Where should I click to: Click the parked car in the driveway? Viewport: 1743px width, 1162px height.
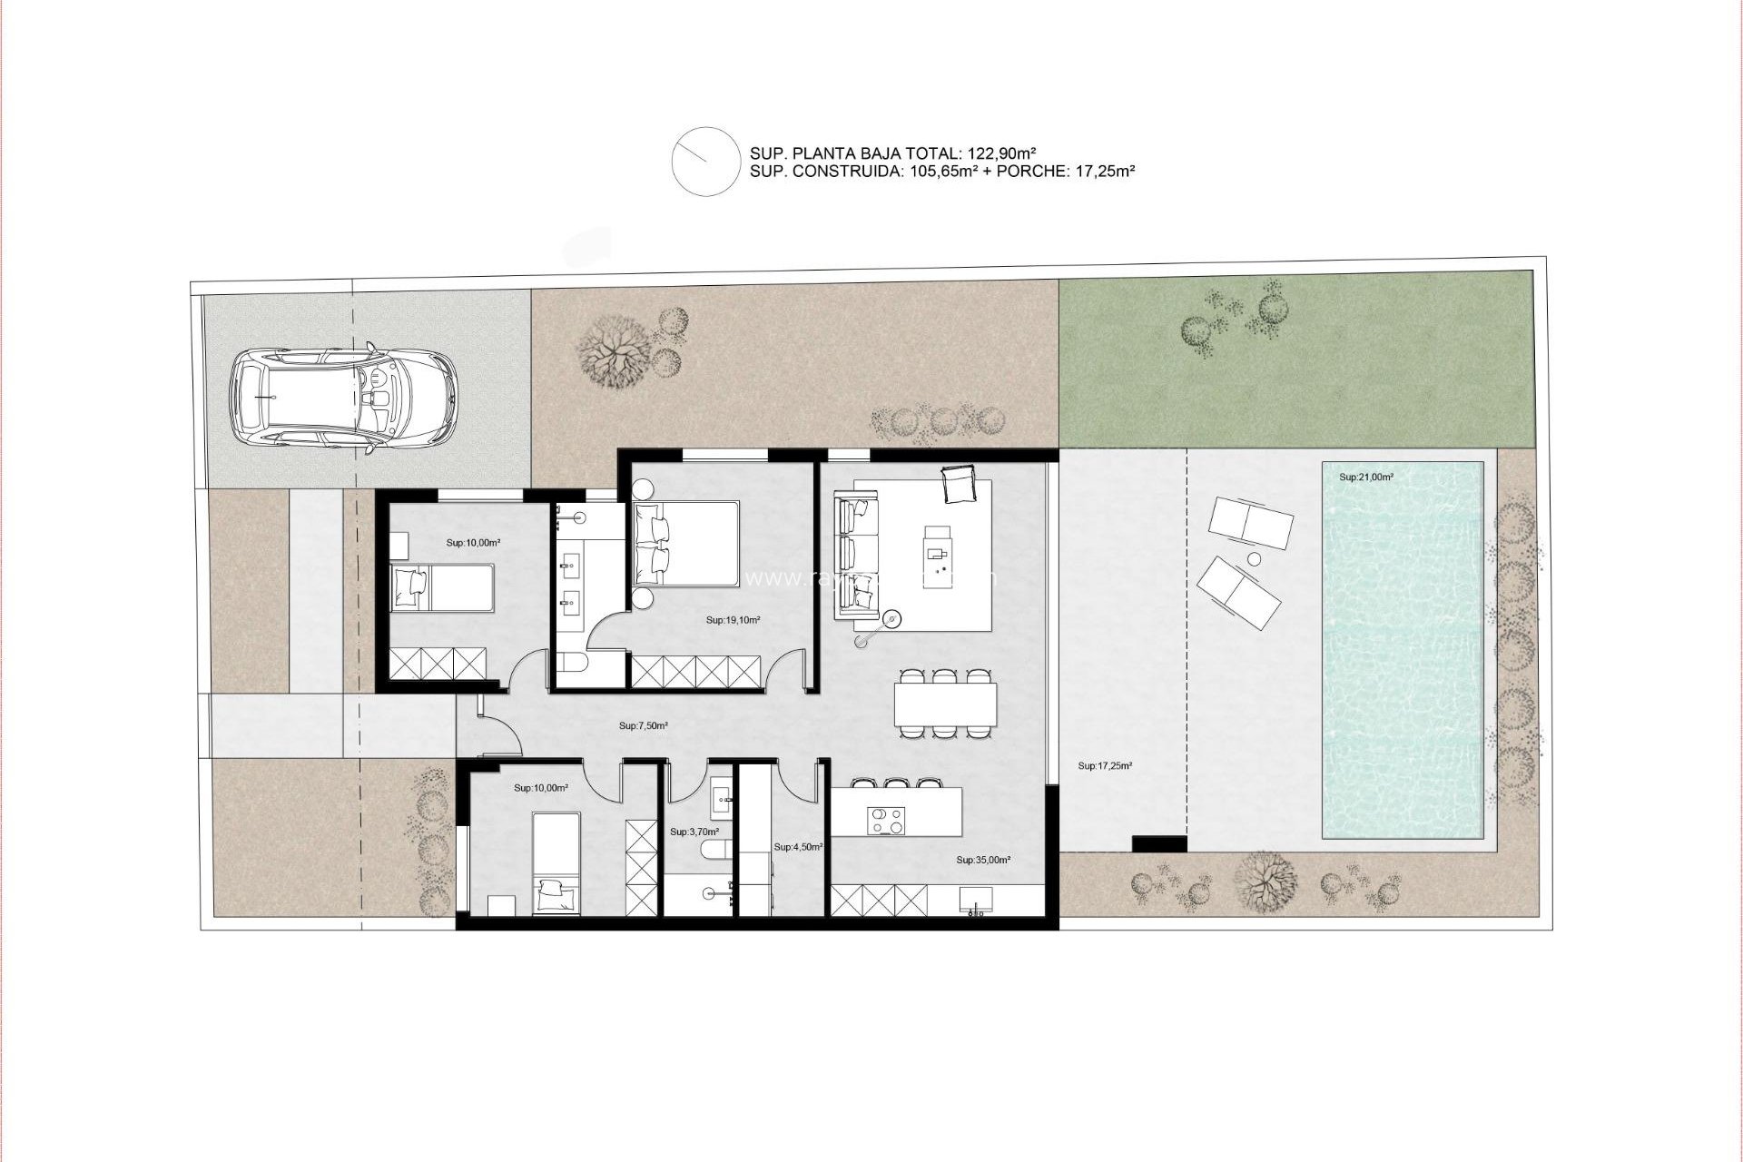click(x=343, y=398)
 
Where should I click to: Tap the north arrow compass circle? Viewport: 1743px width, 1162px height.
click(x=704, y=161)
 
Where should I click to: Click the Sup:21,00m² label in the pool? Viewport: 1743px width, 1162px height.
click(x=1365, y=477)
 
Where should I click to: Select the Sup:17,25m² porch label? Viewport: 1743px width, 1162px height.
click(x=1105, y=766)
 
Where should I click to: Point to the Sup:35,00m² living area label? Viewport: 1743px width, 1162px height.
click(x=983, y=859)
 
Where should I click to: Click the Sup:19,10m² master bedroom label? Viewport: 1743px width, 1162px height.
click(x=733, y=621)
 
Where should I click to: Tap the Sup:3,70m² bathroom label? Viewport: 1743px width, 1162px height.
click(x=694, y=831)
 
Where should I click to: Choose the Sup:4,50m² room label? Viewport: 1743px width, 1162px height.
click(x=798, y=846)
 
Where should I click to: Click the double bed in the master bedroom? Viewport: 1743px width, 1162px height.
click(x=687, y=546)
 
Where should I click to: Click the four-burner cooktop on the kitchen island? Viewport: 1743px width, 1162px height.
click(x=886, y=820)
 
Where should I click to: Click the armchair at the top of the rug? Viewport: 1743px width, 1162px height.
click(x=959, y=484)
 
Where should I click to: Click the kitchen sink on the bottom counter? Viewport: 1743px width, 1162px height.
click(x=976, y=900)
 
